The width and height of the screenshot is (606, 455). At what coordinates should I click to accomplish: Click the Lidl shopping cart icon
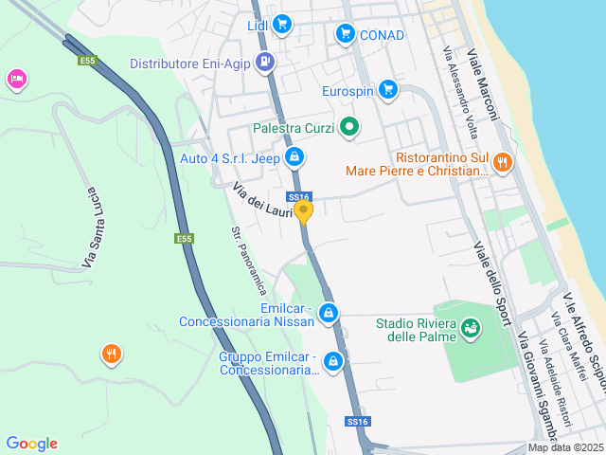tap(281, 25)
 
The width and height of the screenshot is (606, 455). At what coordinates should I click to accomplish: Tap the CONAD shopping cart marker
tap(346, 35)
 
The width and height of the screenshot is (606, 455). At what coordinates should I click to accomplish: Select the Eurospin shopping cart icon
tap(386, 90)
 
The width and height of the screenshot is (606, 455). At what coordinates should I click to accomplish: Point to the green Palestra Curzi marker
tap(349, 127)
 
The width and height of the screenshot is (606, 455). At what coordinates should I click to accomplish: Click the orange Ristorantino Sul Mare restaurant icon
tap(502, 162)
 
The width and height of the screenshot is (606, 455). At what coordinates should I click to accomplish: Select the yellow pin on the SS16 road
tap(304, 210)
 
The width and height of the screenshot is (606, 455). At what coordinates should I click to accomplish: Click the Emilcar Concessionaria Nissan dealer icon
tap(329, 313)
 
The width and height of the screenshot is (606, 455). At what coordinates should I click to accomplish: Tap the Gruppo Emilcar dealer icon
tap(332, 361)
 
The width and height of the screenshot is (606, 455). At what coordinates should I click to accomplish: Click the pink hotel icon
tap(15, 80)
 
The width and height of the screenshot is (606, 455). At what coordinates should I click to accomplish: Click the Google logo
tap(31, 444)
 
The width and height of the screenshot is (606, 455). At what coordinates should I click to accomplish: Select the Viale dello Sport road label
tap(491, 270)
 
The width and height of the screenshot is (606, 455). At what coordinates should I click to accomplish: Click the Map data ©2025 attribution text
tap(565, 447)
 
